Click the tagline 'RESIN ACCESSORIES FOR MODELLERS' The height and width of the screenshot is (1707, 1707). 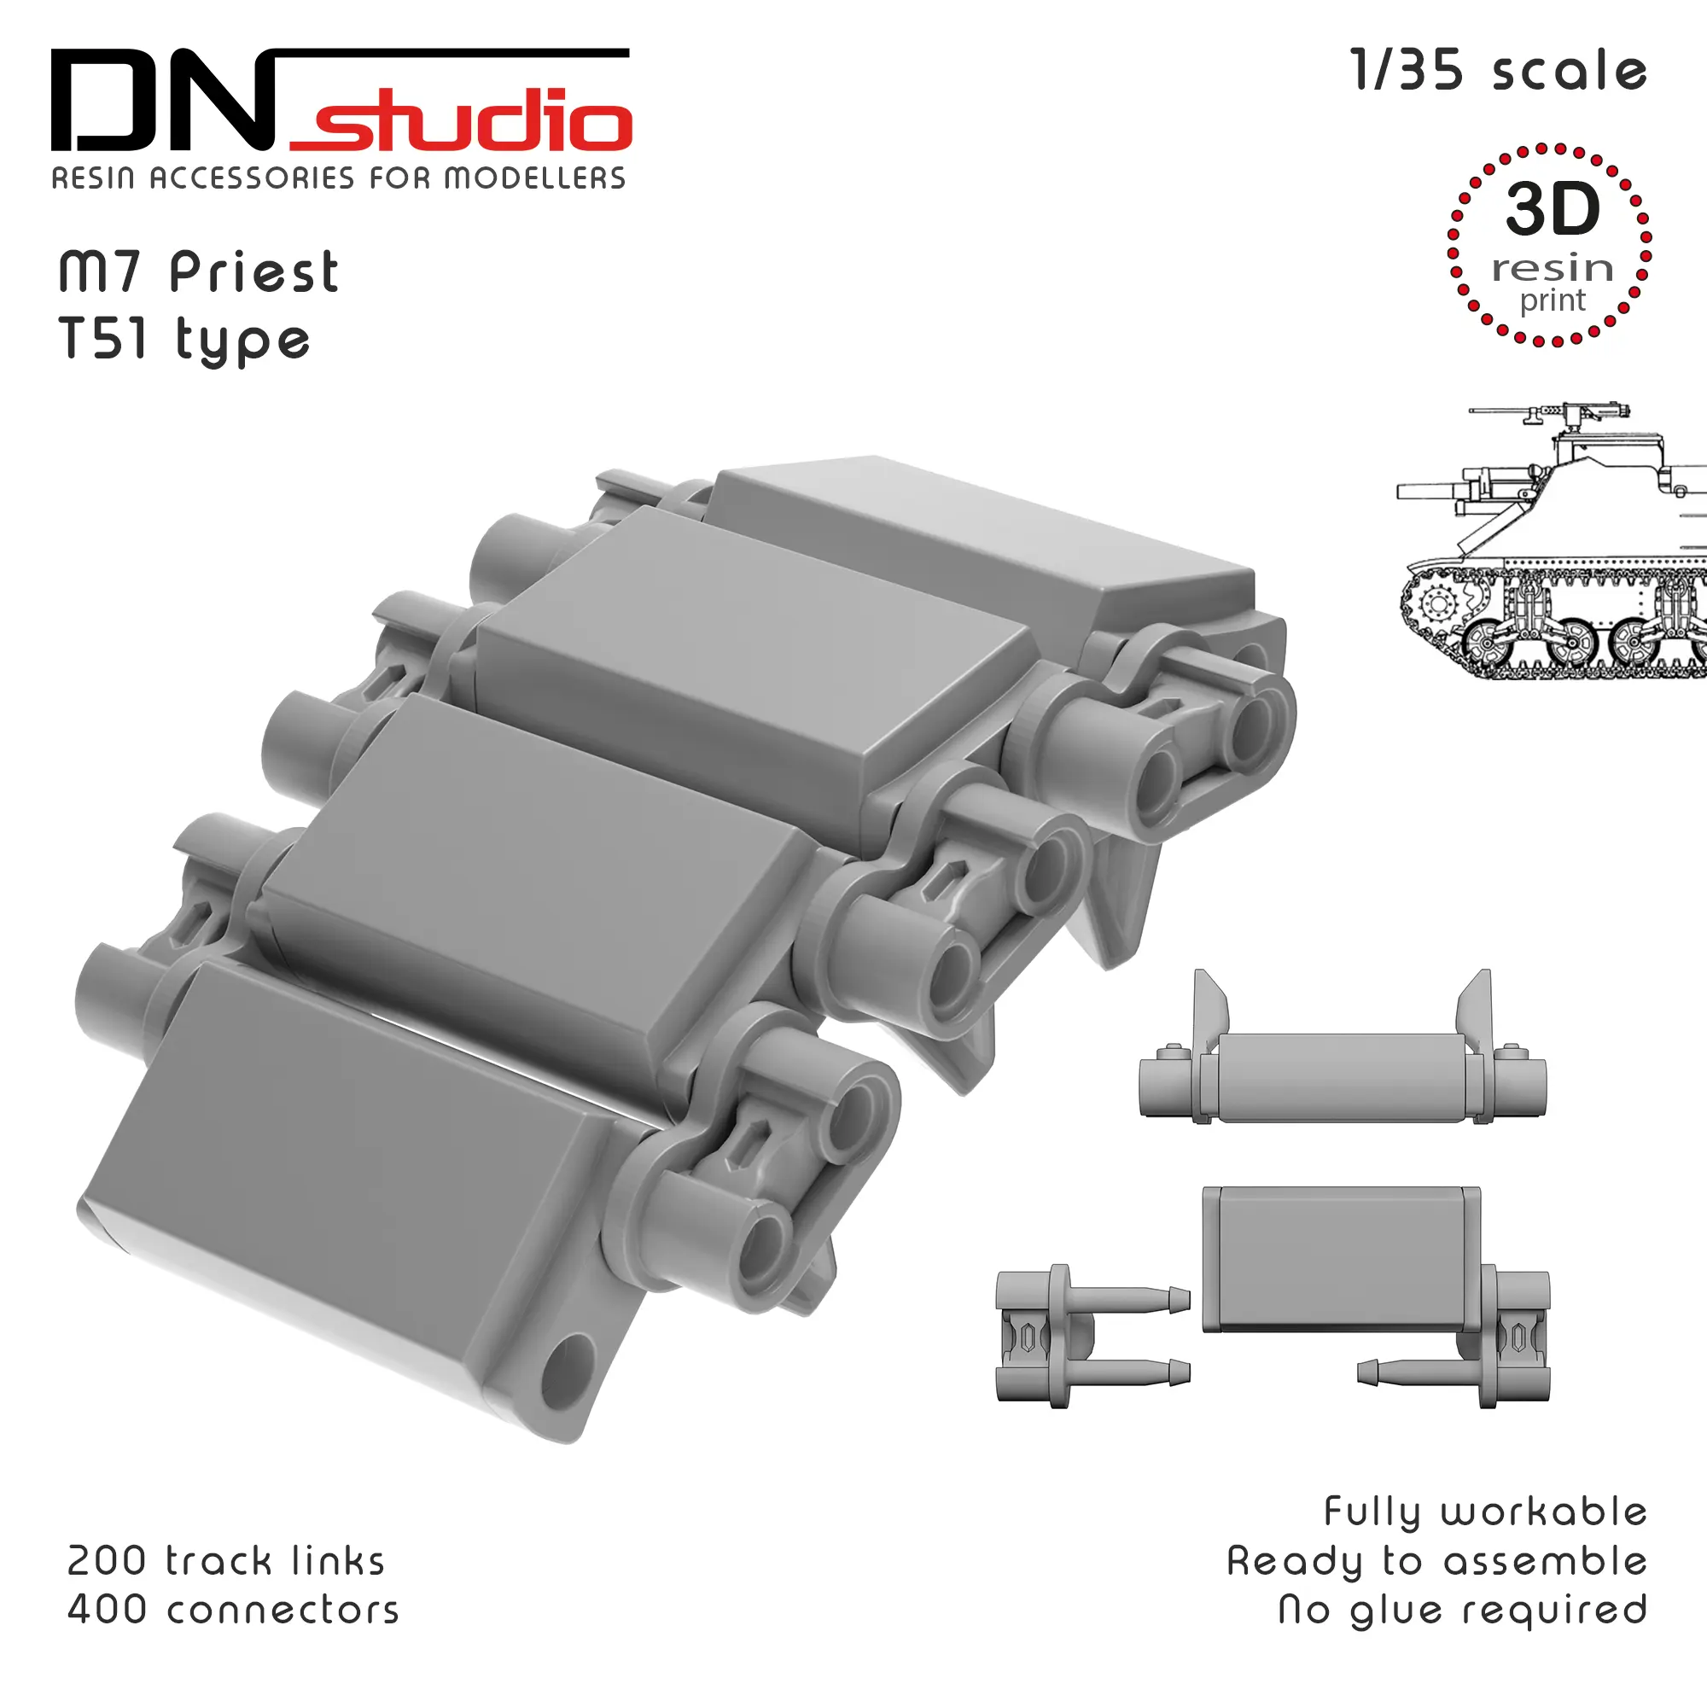[x=338, y=178]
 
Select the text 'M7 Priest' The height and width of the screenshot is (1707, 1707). [x=198, y=272]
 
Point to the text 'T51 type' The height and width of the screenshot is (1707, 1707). [x=184, y=341]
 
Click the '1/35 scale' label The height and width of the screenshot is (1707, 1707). [x=1500, y=71]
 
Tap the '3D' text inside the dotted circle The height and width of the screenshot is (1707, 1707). [x=1553, y=209]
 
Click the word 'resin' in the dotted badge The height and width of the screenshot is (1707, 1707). [x=1553, y=268]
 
